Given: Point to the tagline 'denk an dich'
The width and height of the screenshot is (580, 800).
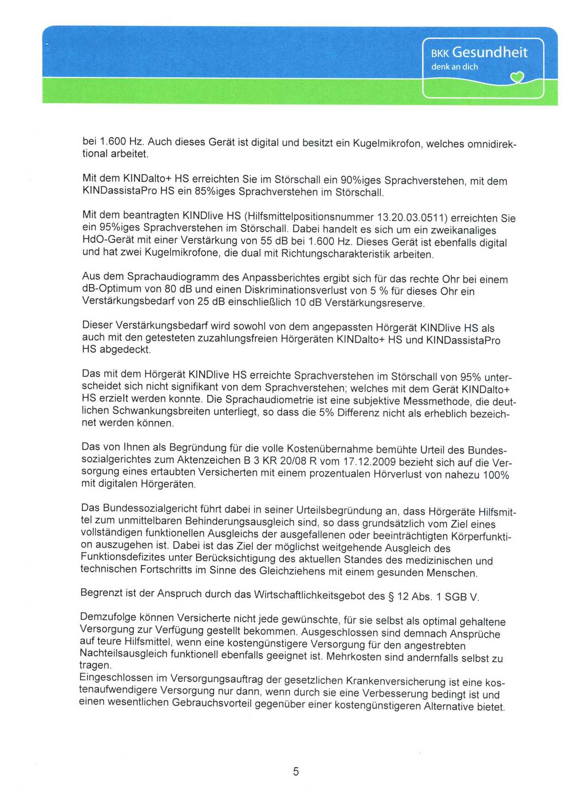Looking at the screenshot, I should click(455, 67).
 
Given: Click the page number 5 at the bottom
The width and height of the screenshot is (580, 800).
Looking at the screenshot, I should click(296, 771).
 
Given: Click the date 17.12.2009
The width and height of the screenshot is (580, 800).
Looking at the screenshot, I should click(369, 461).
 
